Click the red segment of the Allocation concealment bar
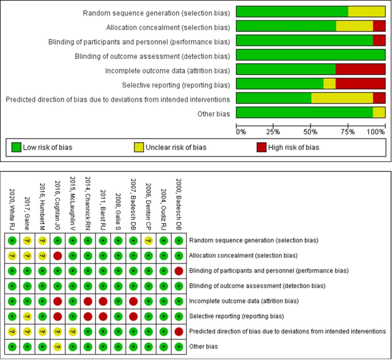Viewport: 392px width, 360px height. tap(379, 26)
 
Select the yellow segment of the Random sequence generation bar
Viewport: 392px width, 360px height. tap(366, 12)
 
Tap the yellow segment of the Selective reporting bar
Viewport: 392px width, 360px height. tap(329, 84)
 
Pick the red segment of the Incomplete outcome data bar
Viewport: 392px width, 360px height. tap(360, 69)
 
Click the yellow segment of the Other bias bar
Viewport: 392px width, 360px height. tap(379, 113)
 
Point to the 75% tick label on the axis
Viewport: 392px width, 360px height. tap(348, 132)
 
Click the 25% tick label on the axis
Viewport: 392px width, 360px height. tap(273, 132)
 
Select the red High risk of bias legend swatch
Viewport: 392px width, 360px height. tap(262, 147)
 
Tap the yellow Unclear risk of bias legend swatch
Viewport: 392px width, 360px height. tap(139, 147)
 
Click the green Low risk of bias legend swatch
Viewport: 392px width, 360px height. tap(16, 147)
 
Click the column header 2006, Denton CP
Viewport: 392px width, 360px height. tap(149, 206)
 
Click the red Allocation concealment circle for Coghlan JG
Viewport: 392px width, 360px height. tap(58, 256)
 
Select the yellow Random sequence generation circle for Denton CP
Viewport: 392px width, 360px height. tap(149, 241)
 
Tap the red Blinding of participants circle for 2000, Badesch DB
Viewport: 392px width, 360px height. tap(179, 271)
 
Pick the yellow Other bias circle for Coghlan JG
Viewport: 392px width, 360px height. tap(58, 347)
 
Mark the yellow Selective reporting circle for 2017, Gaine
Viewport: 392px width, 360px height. tap(27, 317)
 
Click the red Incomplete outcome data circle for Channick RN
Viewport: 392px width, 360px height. tap(88, 301)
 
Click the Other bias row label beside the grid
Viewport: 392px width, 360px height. tap(203, 347)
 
